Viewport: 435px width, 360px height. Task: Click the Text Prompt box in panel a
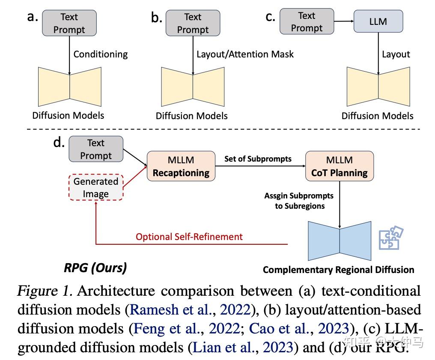pyautogui.click(x=69, y=23)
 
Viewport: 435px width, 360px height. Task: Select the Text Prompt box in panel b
pyautogui.click(x=193, y=23)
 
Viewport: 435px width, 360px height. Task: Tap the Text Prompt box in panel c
pyautogui.click(x=307, y=22)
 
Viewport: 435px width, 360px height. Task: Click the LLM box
pyautogui.click(x=378, y=21)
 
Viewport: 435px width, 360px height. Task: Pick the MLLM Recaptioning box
pyautogui.click(x=181, y=166)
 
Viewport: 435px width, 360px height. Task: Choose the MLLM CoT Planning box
pyautogui.click(x=339, y=166)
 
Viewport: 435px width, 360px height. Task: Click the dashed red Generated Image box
pyautogui.click(x=95, y=187)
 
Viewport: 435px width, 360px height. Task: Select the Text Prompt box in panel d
pyautogui.click(x=96, y=149)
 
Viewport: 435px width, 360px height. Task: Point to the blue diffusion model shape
pyautogui.click(x=340, y=241)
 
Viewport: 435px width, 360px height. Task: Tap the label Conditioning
pyautogui.click(x=101, y=54)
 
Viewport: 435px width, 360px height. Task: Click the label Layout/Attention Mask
pyautogui.click(x=245, y=54)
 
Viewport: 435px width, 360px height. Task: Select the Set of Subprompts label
pyautogui.click(x=258, y=159)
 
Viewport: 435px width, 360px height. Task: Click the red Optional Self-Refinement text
pyautogui.click(x=189, y=237)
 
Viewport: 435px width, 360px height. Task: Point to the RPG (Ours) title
pyautogui.click(x=95, y=268)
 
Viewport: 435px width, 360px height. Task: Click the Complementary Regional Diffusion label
pyautogui.click(x=338, y=270)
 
